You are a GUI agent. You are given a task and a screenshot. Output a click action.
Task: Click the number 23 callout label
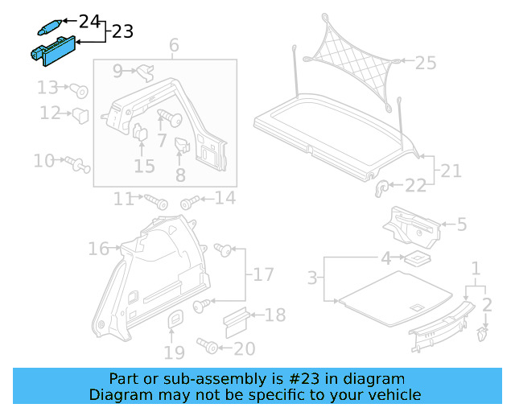[x=122, y=31]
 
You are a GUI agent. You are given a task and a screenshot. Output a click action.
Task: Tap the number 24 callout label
[x=89, y=19]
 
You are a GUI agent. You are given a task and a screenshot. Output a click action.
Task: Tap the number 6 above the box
[x=174, y=46]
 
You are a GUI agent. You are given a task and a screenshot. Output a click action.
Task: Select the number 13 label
[x=47, y=87]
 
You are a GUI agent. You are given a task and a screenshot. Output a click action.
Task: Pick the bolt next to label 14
[x=190, y=201]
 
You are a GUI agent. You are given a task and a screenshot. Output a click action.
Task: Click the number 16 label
[x=98, y=249]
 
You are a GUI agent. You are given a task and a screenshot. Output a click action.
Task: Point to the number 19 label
[x=175, y=351]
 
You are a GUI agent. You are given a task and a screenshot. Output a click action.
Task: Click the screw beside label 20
[x=209, y=346]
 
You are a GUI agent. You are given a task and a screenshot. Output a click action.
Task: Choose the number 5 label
[x=461, y=225]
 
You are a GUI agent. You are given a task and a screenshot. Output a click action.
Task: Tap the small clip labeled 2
[x=483, y=332]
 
